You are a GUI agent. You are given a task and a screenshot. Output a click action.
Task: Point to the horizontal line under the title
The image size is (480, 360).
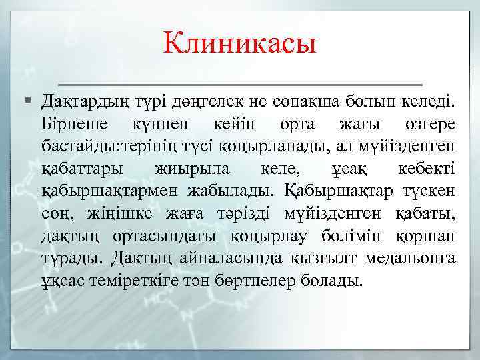point(240,85)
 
